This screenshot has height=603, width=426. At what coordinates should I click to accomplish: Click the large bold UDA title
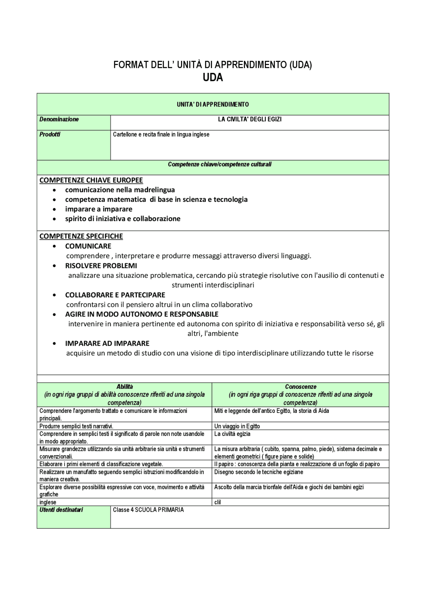pos(213,78)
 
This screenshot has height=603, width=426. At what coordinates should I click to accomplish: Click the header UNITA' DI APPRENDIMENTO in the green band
pos(213,105)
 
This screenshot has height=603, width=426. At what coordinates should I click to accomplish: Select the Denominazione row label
pos(59,119)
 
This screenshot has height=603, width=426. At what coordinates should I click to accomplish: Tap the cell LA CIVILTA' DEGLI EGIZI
pos(250,119)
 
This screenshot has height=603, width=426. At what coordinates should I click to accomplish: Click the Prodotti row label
pos(50,135)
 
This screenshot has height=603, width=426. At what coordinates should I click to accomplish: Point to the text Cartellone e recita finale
pos(161,135)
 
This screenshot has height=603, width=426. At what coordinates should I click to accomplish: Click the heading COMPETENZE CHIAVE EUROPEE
pos(91,180)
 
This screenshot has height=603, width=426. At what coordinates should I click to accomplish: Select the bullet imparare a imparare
pos(99,209)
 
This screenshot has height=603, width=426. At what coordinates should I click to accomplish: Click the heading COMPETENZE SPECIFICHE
pos(81,236)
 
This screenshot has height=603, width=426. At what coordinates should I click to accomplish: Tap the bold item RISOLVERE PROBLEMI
pos(101,266)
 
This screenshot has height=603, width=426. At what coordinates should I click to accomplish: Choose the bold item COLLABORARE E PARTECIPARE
pos(115,295)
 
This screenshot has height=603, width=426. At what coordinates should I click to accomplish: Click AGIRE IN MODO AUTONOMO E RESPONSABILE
pos(141,314)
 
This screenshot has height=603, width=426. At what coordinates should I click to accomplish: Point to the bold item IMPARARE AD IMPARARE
pos(107,343)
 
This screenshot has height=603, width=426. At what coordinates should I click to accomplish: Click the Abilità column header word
pos(124,387)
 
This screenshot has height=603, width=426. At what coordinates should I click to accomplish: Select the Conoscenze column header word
pos(301,387)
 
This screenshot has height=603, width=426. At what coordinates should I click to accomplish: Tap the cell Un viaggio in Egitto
pos(237,426)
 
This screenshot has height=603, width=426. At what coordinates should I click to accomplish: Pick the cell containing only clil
pos(217,502)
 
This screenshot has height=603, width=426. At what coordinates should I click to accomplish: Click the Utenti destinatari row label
pos(61,510)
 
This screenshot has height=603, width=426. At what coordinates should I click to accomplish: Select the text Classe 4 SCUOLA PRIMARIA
pos(148,510)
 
